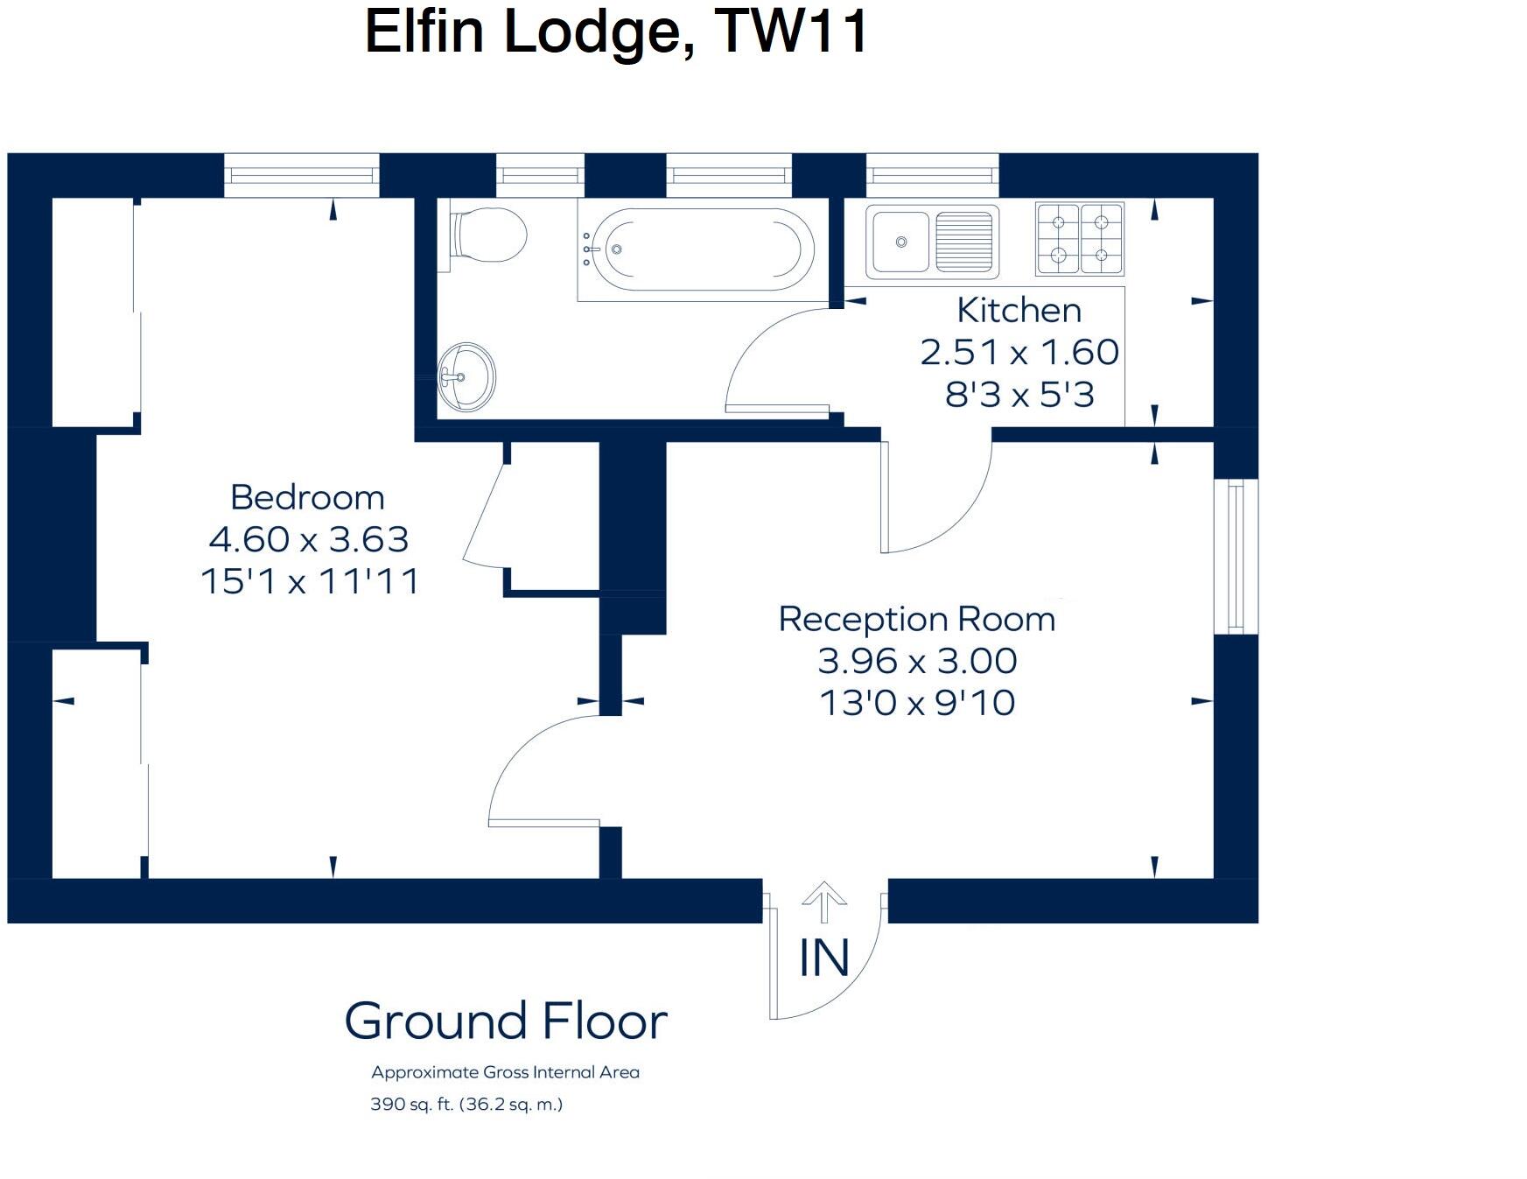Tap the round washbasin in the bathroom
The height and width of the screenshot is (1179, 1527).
coord(467,377)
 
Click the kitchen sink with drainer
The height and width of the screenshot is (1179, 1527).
coord(932,239)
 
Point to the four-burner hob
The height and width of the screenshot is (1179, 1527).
coord(1079,238)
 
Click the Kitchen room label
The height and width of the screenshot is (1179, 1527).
coord(1019,310)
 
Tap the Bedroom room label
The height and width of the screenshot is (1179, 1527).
coord(307,497)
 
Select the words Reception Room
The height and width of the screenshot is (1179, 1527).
coord(916,619)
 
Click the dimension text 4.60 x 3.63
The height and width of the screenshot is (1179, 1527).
coord(309,539)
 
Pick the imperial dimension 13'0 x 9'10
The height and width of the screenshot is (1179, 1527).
coord(917,703)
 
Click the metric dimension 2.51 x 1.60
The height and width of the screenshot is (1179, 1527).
coord(1019,352)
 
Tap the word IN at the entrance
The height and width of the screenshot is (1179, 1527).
coord(823,958)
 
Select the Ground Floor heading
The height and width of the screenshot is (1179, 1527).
coord(506,1021)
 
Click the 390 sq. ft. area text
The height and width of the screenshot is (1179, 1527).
coord(466,1105)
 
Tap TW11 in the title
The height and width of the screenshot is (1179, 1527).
coord(790,32)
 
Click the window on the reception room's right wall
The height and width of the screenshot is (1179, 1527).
coord(1236,556)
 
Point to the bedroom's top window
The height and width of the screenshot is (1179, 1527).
coord(301,175)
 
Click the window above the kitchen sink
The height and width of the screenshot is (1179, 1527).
coord(932,175)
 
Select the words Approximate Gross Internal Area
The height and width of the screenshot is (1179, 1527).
coord(505,1072)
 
